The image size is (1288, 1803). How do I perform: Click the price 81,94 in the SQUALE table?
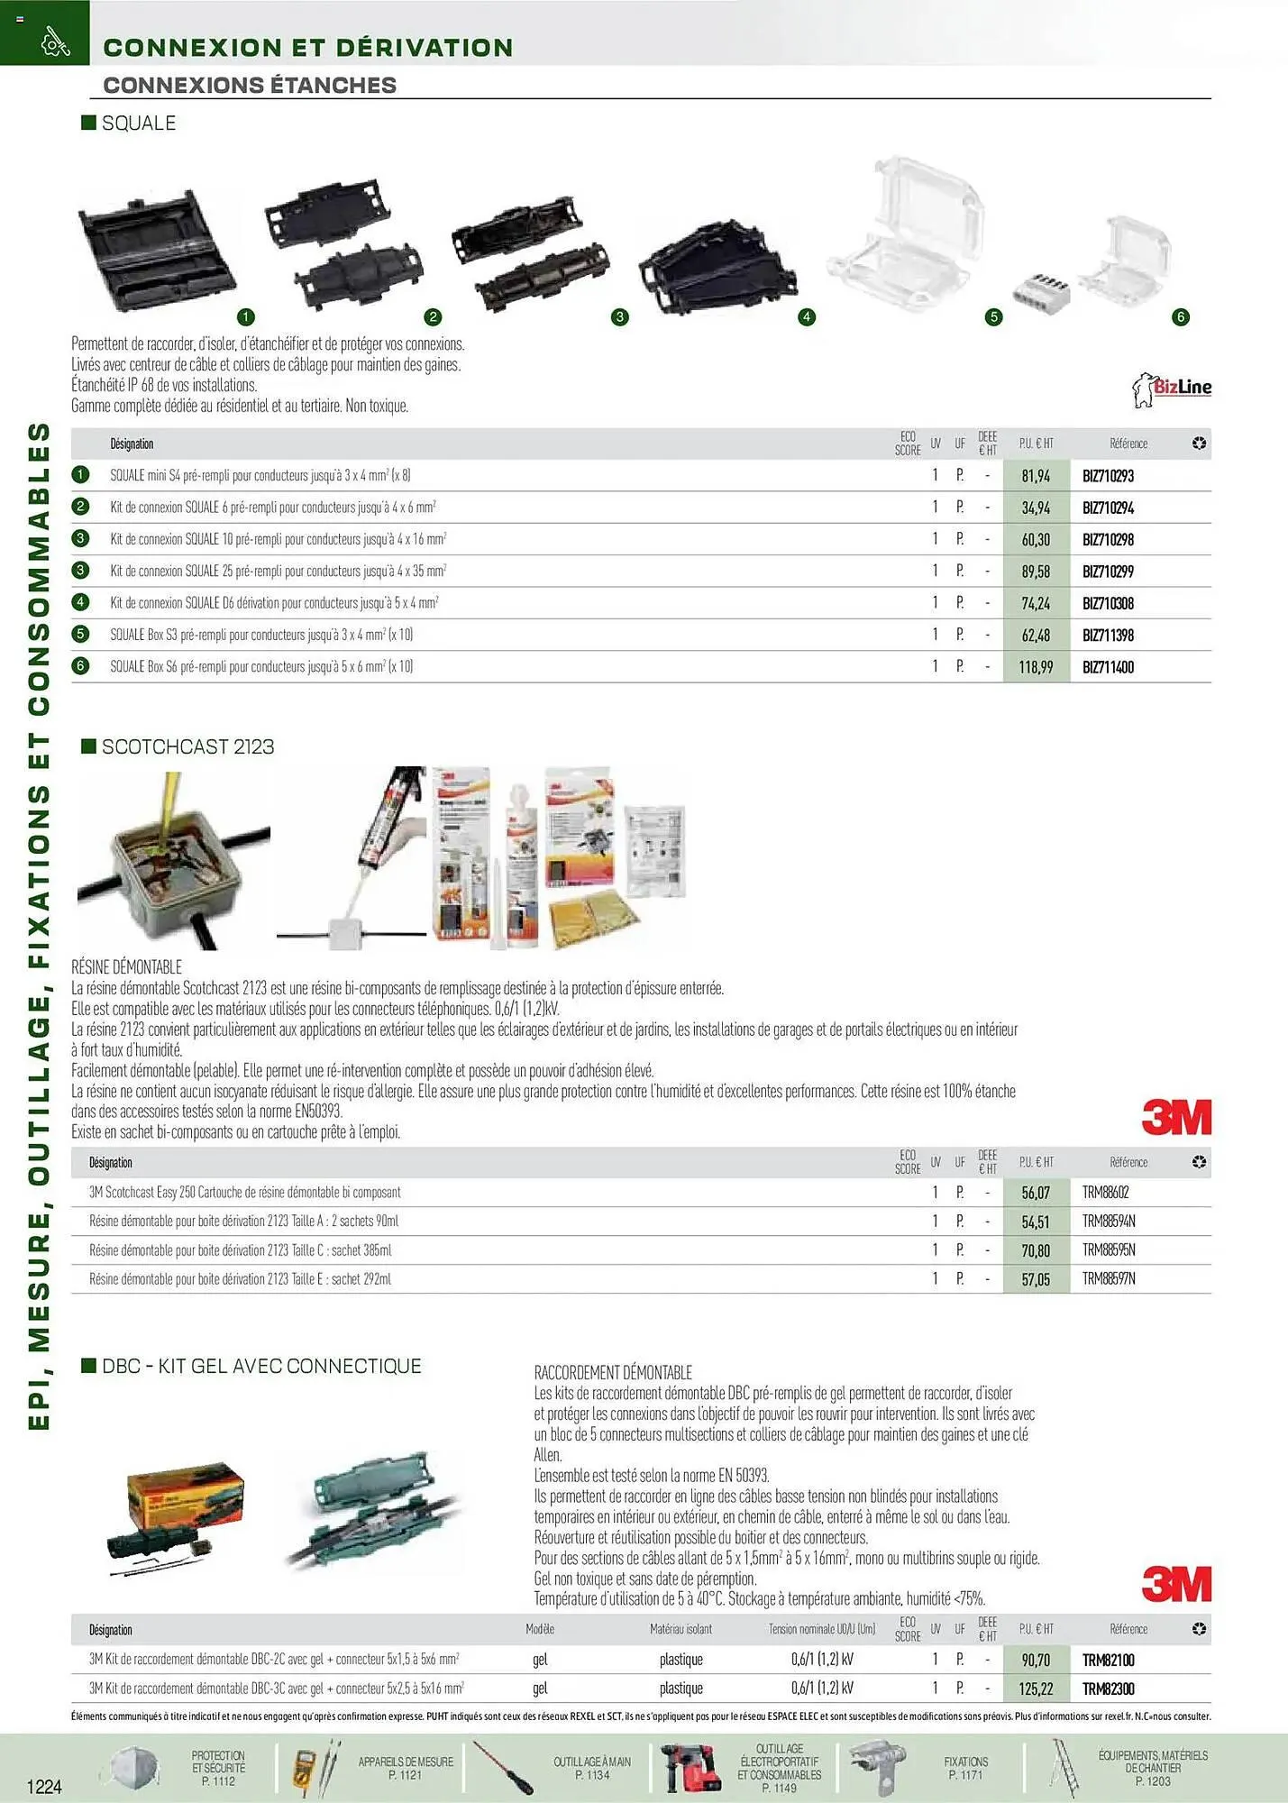tap(1036, 476)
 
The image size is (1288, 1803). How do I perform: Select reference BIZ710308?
tap(1108, 603)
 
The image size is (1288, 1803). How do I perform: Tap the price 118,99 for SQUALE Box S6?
tap(1036, 667)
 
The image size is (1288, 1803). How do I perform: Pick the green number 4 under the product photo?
tap(807, 316)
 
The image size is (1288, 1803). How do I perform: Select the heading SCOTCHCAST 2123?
tap(187, 746)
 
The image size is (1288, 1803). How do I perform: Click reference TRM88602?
tap(1105, 1193)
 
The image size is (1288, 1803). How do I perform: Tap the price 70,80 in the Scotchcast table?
tap(1036, 1250)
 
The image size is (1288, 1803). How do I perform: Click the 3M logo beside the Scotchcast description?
tap(1176, 1118)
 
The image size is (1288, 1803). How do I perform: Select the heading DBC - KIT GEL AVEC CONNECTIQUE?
tap(261, 1366)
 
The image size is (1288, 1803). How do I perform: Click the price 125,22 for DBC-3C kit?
tap(1036, 1689)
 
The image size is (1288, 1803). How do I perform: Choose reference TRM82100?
tap(1108, 1660)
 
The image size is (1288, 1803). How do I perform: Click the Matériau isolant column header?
tap(681, 1629)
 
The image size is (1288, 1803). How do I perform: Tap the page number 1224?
tap(44, 1786)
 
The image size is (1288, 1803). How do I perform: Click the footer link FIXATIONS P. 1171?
tap(966, 1768)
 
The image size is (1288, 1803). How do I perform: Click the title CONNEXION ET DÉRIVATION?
tap(308, 48)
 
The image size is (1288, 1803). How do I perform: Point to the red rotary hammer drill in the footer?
tap(690, 1768)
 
